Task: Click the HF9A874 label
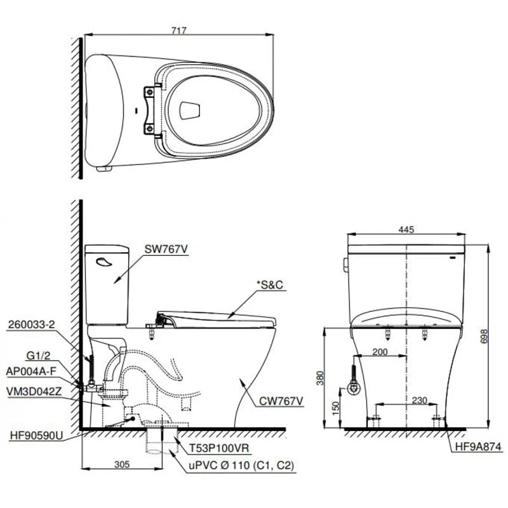pos(472,447)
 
